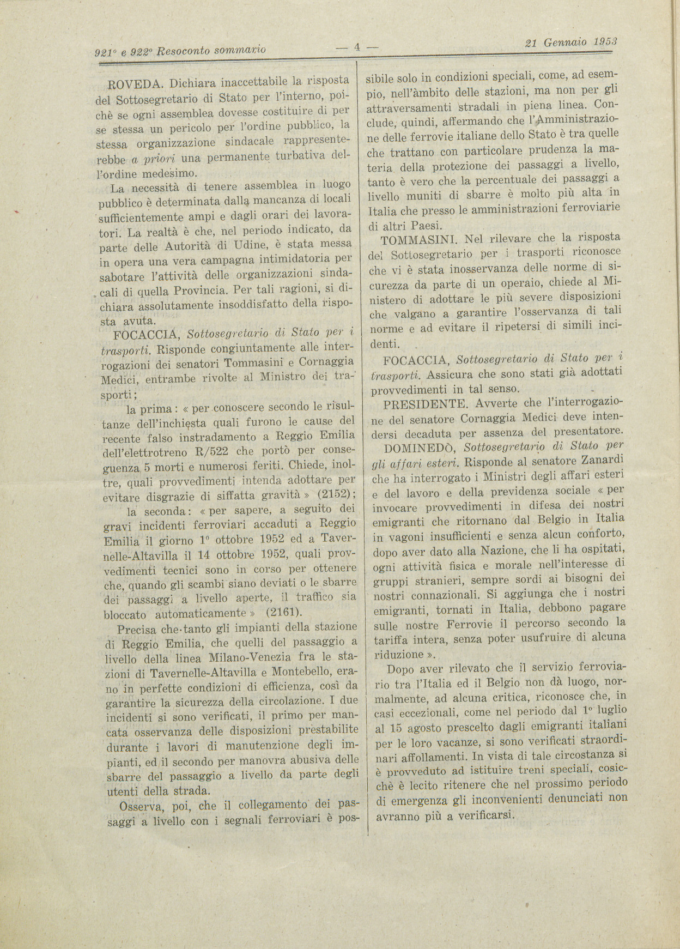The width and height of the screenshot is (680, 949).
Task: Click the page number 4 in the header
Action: point(357,47)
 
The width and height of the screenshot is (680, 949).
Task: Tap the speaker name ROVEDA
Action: point(135,84)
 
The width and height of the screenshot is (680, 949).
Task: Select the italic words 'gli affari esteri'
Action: point(414,464)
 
